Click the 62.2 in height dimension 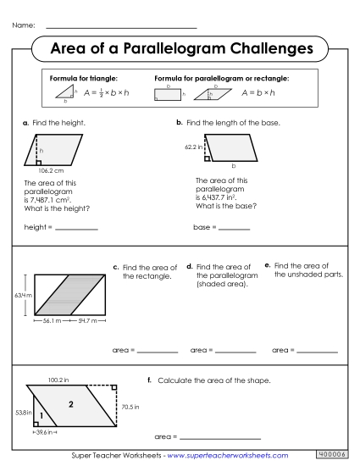[195, 147]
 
